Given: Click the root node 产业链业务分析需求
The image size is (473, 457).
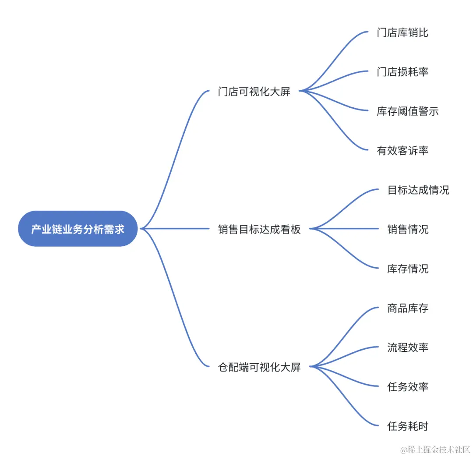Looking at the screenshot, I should coord(78,229).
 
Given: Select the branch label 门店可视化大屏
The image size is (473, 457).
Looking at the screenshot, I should coord(254,92).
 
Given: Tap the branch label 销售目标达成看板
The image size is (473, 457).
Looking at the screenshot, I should coord(259,229).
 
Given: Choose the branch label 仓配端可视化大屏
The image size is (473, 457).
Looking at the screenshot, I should coord(259,367).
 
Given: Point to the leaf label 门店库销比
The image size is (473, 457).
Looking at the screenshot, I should coord(402,32).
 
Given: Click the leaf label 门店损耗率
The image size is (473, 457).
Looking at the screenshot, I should coord(402,72).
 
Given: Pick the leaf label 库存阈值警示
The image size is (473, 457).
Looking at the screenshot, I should coord(407,111).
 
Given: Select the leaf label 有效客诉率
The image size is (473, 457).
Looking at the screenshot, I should coord(402,151).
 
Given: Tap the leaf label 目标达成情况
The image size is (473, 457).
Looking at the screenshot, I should coord(418,190).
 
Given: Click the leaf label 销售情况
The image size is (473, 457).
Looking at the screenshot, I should coord(407,229).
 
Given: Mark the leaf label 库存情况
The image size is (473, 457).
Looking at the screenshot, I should coord(407,269).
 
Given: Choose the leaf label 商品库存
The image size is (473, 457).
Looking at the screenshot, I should coord(407,308).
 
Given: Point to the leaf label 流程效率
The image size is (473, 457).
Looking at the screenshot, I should coord(407,347).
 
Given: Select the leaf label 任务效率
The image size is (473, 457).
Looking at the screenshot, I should coord(407,387).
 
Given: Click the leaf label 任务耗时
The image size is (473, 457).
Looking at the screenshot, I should coord(407,426).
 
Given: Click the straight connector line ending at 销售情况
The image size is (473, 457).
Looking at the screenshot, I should coord(346,229).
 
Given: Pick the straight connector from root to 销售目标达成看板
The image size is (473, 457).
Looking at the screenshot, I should coord(175,229).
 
